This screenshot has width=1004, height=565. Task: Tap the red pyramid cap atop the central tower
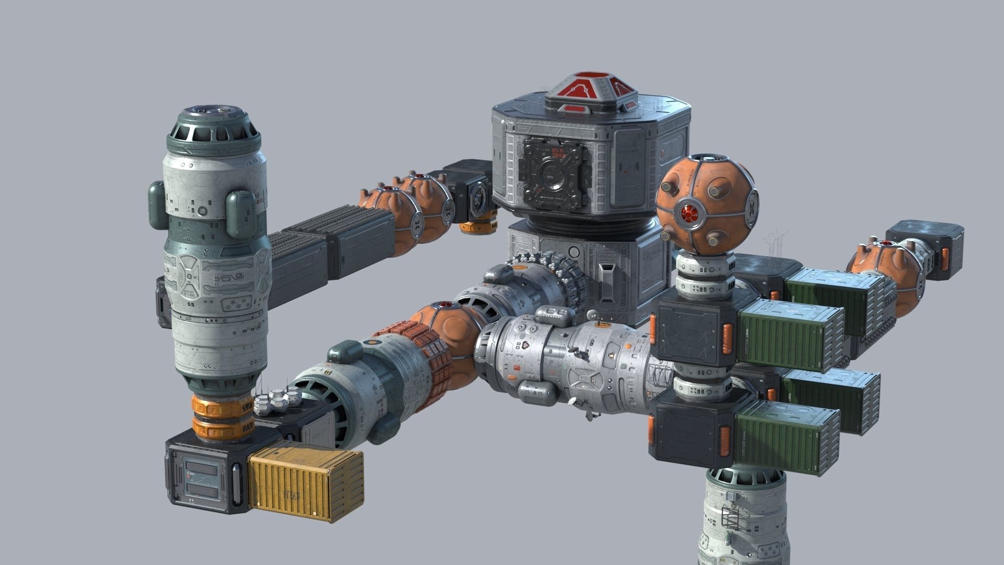592,94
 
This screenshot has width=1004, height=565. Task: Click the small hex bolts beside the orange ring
277,403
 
